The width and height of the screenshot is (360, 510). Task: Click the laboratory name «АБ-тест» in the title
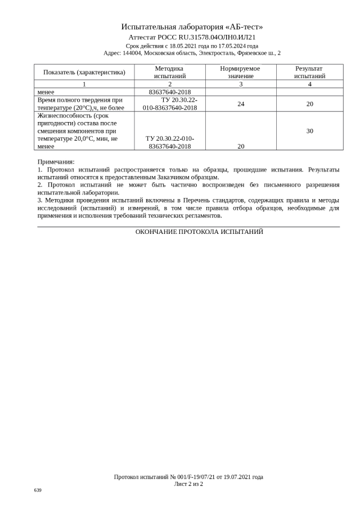[x=244, y=26]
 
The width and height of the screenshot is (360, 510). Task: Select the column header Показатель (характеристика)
[x=84, y=72]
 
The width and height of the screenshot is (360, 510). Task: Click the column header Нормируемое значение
[x=240, y=72]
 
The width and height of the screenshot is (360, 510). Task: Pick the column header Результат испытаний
[x=309, y=72]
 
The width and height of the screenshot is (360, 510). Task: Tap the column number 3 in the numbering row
[x=241, y=84]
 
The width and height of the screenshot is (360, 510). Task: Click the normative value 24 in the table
[x=241, y=103]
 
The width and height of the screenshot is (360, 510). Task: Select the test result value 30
[x=309, y=130]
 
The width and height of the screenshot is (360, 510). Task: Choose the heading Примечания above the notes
[x=56, y=161]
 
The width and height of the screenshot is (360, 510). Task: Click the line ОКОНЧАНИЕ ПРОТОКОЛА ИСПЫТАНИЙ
[x=199, y=232]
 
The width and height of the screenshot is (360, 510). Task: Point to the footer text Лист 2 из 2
[x=188, y=484]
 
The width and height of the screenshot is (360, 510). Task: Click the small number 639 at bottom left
[x=38, y=490]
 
